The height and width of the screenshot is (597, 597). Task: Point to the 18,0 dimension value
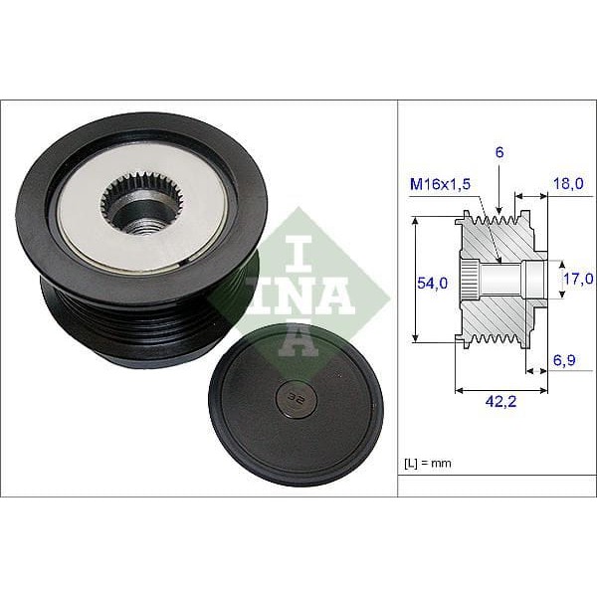click(567, 185)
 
